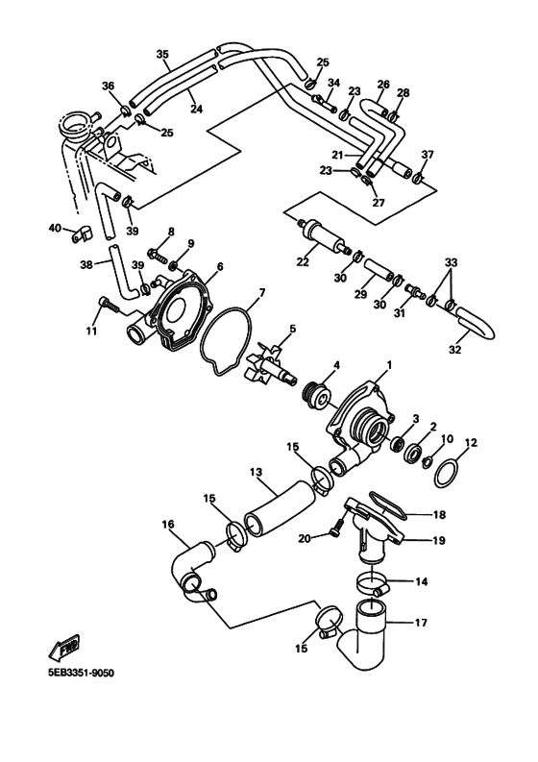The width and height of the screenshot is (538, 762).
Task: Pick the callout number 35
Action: [162, 54]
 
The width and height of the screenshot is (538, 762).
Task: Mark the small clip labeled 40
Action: [83, 232]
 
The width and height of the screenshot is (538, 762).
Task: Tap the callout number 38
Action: [86, 263]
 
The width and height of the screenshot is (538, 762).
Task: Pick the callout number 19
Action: [439, 541]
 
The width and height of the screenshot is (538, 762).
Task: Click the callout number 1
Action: [389, 365]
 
